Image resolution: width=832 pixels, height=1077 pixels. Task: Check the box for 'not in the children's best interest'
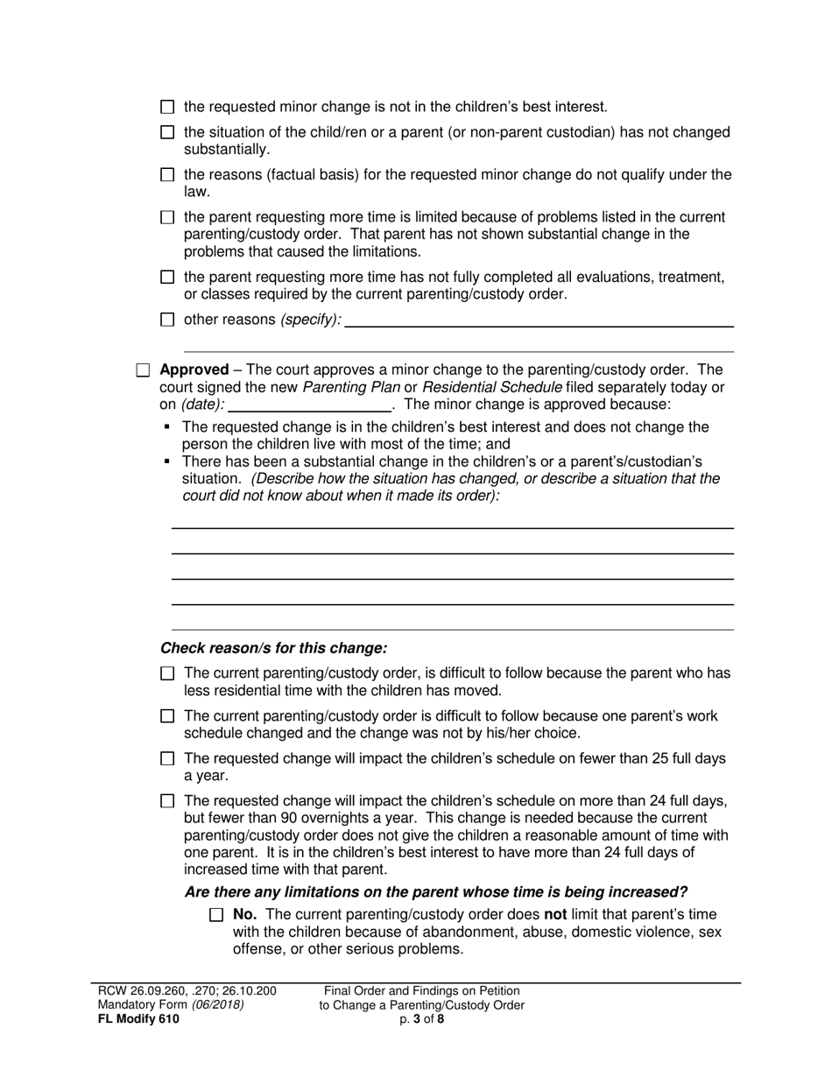pyautogui.click(x=168, y=107)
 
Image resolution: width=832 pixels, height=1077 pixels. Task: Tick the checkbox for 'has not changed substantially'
pyautogui.click(x=168, y=132)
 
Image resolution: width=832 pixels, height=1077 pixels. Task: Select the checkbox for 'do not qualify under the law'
pyautogui.click(x=168, y=175)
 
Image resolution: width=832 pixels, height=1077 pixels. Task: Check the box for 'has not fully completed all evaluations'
pyautogui.click(x=168, y=278)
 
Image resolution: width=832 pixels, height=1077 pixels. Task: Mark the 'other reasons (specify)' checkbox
pyautogui.click(x=168, y=320)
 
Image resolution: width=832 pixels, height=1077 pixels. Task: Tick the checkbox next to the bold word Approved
pyautogui.click(x=144, y=370)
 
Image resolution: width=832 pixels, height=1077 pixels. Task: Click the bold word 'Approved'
pyautogui.click(x=194, y=370)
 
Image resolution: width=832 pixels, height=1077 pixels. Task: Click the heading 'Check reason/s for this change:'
pyautogui.click(x=273, y=649)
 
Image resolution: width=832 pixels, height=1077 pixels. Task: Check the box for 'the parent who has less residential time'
pyautogui.click(x=168, y=673)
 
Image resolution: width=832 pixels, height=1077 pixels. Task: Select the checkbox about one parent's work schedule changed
pyautogui.click(x=168, y=716)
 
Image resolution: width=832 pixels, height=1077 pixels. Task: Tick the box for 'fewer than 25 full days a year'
pyautogui.click(x=168, y=759)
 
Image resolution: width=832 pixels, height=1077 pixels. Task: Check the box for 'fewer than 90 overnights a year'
pyautogui.click(x=168, y=800)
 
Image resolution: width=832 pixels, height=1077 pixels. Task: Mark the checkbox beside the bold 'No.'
pyautogui.click(x=217, y=915)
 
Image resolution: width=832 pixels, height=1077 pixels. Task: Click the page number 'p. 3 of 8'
pyautogui.click(x=421, y=1018)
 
